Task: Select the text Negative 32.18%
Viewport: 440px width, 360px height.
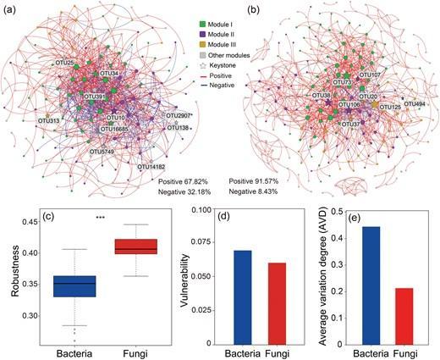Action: click(184, 191)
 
